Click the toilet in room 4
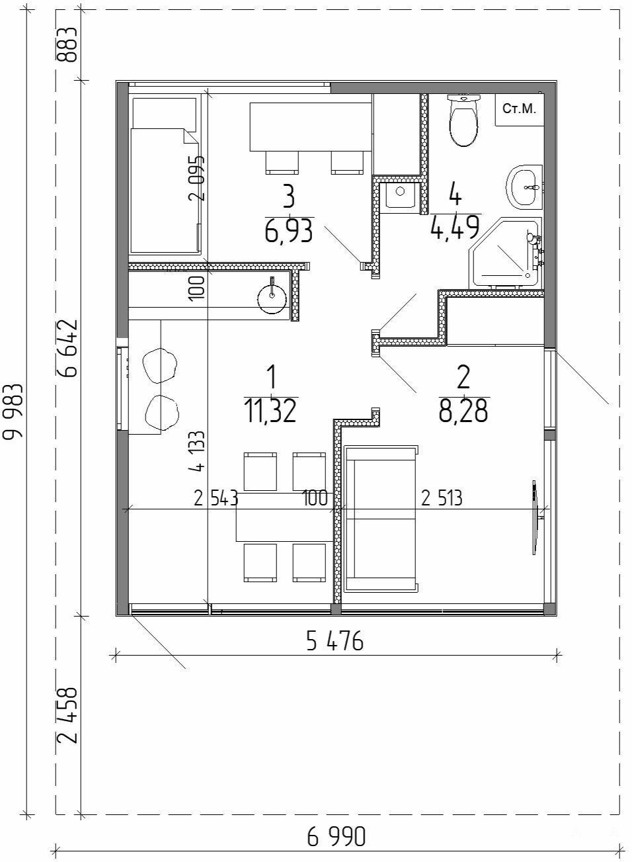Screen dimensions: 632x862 click(463, 120)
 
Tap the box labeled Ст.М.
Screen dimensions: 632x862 click(520, 109)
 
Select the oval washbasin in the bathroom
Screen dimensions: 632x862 click(524, 187)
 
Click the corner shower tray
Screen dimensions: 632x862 click(504, 253)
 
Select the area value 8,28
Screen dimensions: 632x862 click(463, 411)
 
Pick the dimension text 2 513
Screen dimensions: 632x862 click(442, 498)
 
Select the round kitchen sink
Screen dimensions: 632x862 click(272, 296)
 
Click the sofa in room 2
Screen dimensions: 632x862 click(381, 519)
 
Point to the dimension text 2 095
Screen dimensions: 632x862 click(196, 178)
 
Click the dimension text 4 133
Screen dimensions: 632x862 click(196, 451)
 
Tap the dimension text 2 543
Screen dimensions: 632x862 click(216, 498)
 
